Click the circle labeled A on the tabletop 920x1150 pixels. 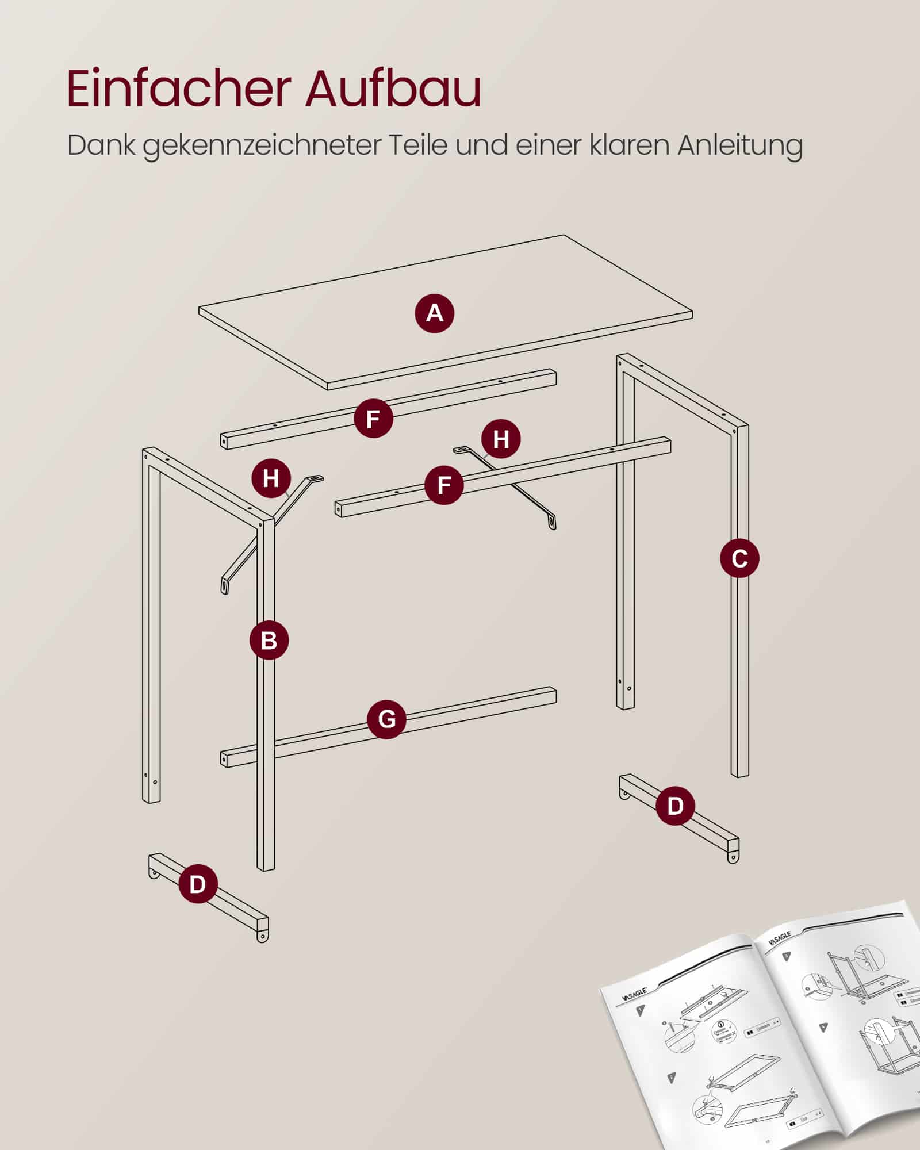[435, 313]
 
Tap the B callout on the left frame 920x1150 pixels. [269, 640]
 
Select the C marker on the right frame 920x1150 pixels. [739, 558]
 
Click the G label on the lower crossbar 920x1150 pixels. [387, 719]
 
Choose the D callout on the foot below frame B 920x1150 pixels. [197, 884]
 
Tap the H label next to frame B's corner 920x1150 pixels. [271, 478]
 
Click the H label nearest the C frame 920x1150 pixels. [501, 439]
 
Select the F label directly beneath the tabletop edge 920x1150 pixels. [373, 419]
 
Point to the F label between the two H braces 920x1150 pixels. [444, 485]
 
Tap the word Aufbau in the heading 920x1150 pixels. [393, 89]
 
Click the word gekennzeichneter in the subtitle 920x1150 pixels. [262, 147]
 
